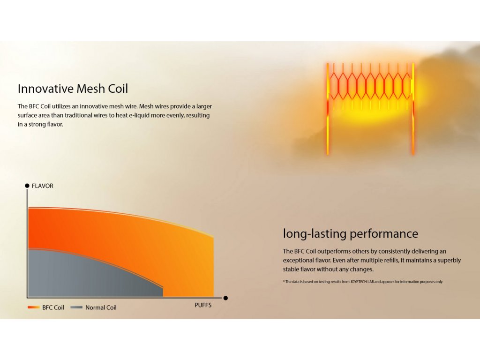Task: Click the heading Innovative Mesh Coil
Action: click(x=73, y=89)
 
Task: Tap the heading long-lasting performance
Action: click(x=351, y=233)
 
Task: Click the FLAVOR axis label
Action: click(x=43, y=186)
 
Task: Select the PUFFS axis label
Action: click(x=203, y=305)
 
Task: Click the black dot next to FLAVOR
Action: click(x=27, y=186)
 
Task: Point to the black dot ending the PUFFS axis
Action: click(x=225, y=298)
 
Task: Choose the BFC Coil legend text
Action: click(x=53, y=307)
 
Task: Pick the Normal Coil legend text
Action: click(x=101, y=307)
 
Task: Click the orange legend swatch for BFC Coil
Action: click(x=34, y=307)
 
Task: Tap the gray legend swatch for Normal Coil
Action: click(x=76, y=307)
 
